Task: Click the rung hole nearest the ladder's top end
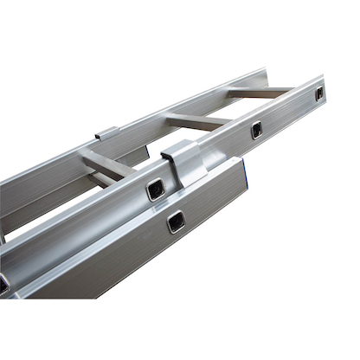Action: (318, 93)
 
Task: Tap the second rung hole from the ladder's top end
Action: (257, 130)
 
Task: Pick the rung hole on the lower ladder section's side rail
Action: (176, 222)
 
